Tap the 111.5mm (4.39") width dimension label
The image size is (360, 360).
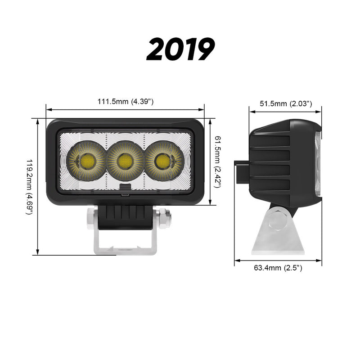coord(126,102)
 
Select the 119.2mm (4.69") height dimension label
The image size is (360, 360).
coord(30,186)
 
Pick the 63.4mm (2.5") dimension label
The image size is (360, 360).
coord(278,268)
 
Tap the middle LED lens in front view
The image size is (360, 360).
coord(123,161)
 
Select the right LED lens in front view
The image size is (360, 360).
coord(161,161)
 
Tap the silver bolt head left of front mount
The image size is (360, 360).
coord(90,218)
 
